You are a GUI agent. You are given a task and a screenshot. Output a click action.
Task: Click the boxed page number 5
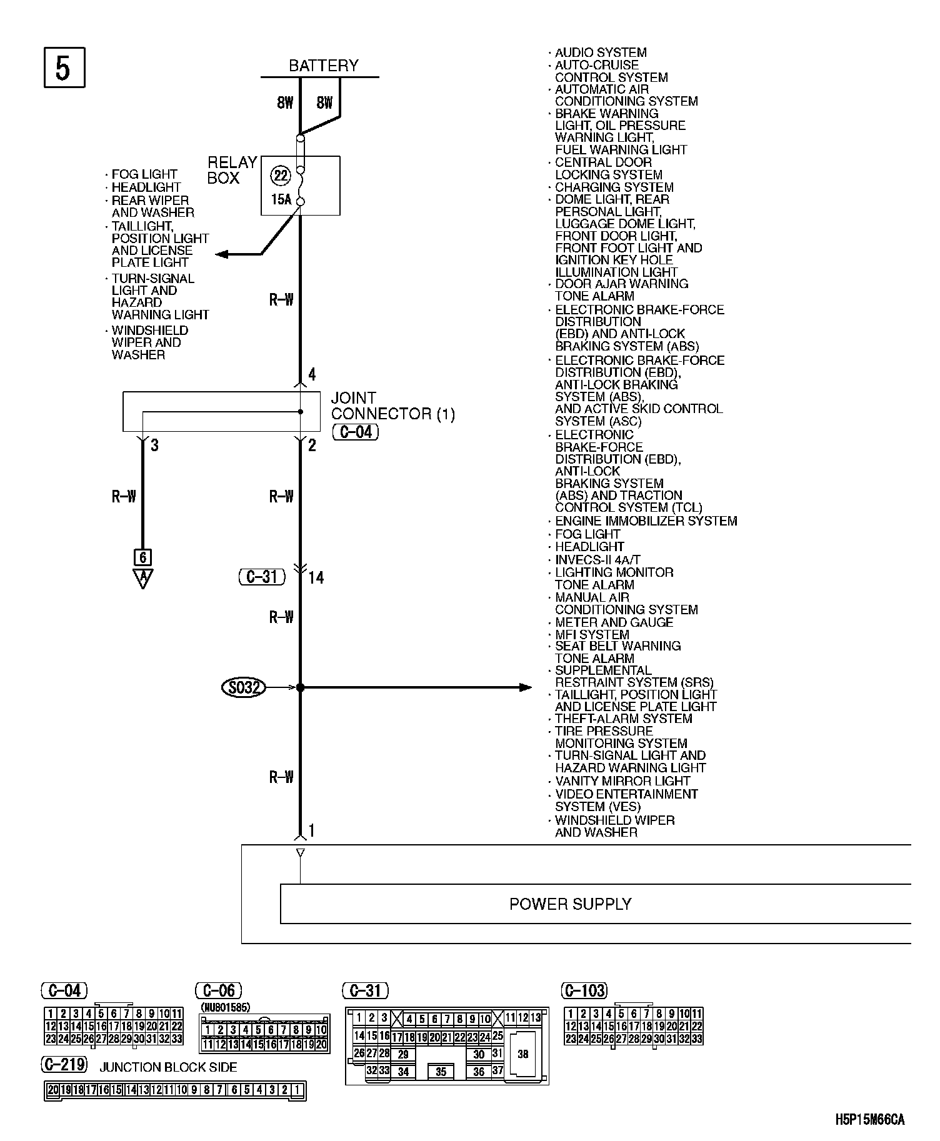pyautogui.click(x=64, y=67)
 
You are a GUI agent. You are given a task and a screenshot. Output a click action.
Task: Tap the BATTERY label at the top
pyautogui.click(x=323, y=66)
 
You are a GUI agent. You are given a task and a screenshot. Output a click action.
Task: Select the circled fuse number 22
pyautogui.click(x=281, y=176)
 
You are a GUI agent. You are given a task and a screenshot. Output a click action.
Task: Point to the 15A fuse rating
pyautogui.click(x=281, y=200)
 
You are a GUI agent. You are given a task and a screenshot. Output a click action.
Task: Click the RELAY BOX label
pyautogui.click(x=232, y=170)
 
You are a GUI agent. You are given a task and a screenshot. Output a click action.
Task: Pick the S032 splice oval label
pyautogui.click(x=244, y=687)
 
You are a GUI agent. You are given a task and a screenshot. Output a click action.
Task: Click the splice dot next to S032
pyautogui.click(x=300, y=687)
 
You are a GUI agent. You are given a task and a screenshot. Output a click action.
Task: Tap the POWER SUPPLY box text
pyautogui.click(x=570, y=904)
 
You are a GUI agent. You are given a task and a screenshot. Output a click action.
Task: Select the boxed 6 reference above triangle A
pyautogui.click(x=143, y=557)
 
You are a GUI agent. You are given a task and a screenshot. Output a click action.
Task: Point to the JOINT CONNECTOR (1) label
pyautogui.click(x=392, y=406)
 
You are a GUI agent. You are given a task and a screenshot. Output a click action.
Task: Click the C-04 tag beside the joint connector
pyautogui.click(x=356, y=432)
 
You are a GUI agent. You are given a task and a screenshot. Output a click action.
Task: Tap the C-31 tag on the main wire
pyautogui.click(x=262, y=577)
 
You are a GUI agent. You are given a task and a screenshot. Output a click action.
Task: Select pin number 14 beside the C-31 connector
pyautogui.click(x=316, y=578)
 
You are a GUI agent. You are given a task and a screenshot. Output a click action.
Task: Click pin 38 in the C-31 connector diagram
pyautogui.click(x=523, y=1054)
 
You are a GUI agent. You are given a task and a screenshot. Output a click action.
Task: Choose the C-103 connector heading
pyautogui.click(x=584, y=990)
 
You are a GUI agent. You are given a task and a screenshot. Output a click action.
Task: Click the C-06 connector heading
pyautogui.click(x=219, y=990)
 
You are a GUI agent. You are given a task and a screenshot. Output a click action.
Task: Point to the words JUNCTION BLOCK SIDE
pyautogui.click(x=169, y=1067)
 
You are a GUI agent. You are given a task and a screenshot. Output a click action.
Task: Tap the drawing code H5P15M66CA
pyautogui.click(x=869, y=1120)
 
